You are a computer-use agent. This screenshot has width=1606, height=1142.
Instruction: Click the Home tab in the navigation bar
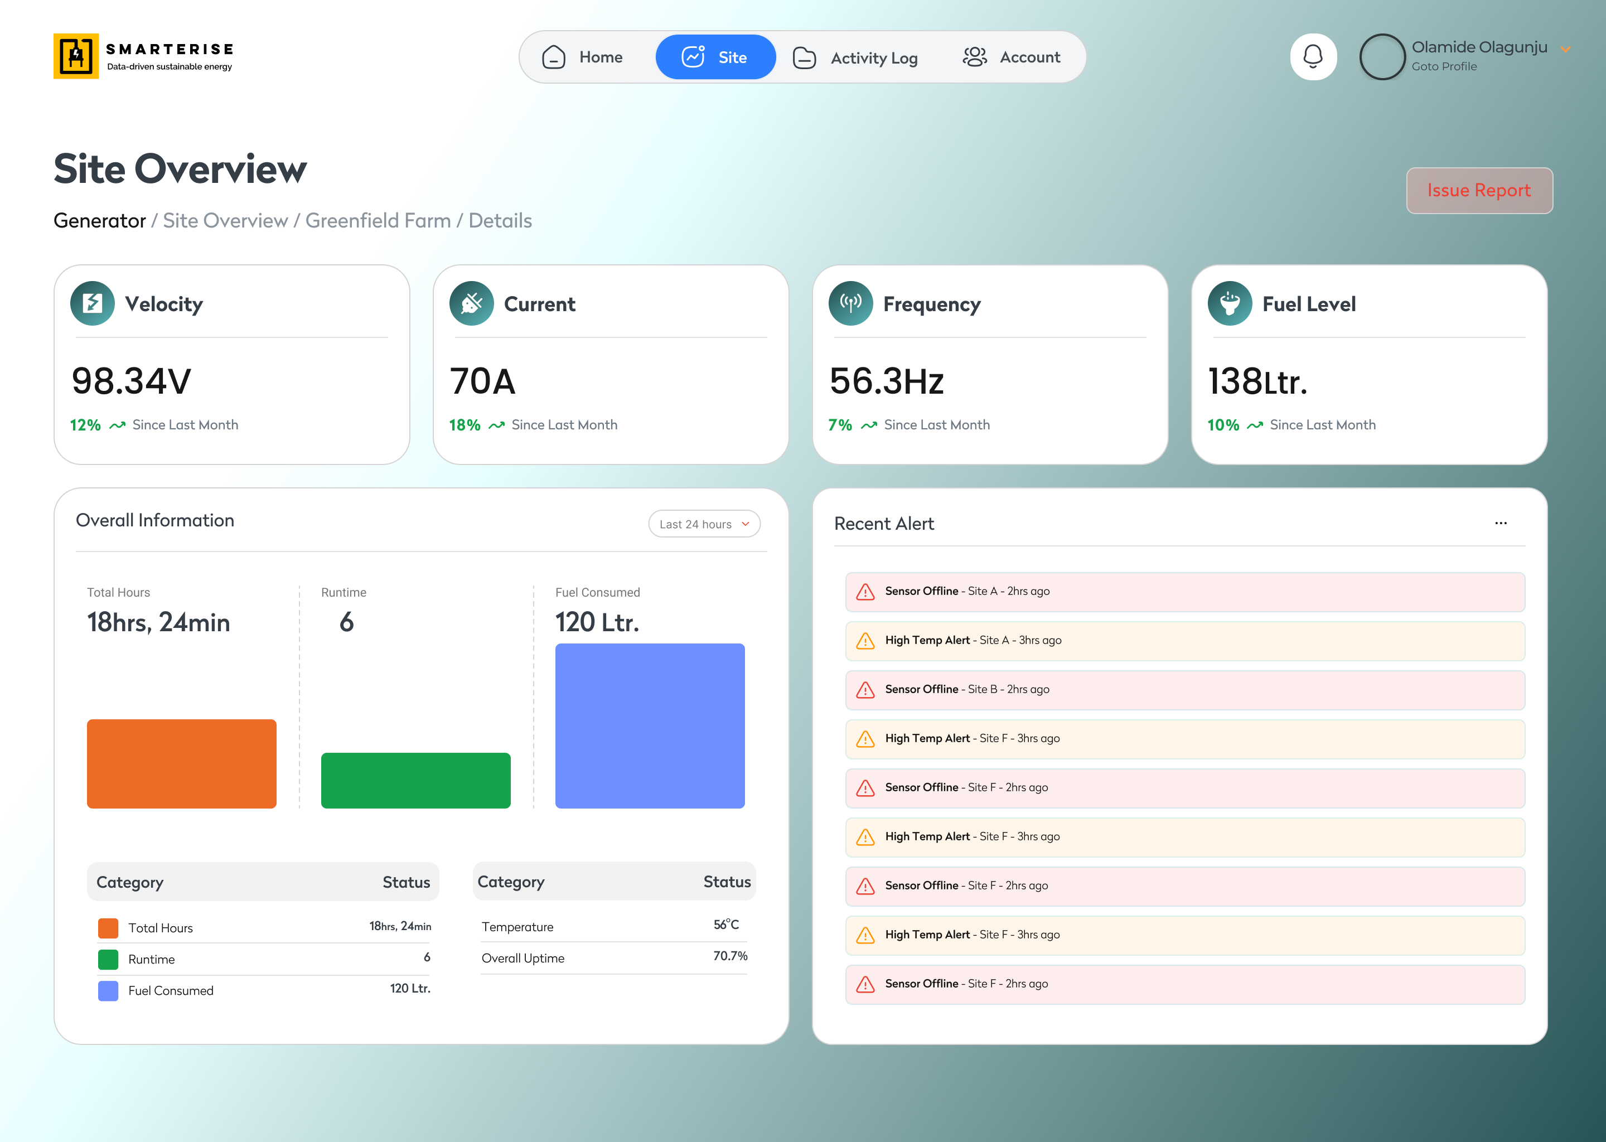tap(582, 57)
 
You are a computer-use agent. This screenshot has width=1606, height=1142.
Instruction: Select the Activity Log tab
tap(855, 57)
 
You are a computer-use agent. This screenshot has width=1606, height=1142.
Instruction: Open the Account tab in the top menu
tap(1011, 57)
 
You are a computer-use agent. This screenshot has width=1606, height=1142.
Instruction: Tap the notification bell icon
tap(1313, 57)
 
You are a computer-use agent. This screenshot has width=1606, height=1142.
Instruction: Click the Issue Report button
tap(1479, 191)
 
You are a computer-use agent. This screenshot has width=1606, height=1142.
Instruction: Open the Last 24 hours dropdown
tap(704, 524)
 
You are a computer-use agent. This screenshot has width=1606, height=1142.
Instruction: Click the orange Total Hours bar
tap(181, 764)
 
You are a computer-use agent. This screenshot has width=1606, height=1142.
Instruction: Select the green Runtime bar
tap(415, 781)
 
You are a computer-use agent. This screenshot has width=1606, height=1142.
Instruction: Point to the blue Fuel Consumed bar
tap(650, 725)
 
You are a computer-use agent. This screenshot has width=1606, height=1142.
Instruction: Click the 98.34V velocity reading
tap(132, 381)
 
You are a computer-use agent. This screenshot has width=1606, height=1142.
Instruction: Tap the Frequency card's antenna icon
tap(851, 304)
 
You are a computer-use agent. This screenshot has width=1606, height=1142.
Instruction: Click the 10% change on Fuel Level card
tap(1223, 425)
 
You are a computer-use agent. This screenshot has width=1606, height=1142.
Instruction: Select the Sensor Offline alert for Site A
tap(1185, 592)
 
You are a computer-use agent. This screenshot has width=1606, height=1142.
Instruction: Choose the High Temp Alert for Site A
tap(1185, 641)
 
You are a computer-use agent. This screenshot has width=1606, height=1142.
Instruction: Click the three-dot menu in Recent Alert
tap(1501, 523)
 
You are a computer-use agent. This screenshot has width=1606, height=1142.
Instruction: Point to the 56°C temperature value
tap(727, 925)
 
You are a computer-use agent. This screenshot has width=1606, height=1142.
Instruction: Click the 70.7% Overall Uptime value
tap(731, 956)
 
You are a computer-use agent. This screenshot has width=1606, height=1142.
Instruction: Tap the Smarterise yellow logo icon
tap(76, 56)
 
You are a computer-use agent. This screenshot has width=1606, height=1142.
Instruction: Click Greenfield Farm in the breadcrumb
tap(378, 221)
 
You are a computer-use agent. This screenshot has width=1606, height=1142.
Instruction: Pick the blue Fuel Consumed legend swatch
tap(108, 991)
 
